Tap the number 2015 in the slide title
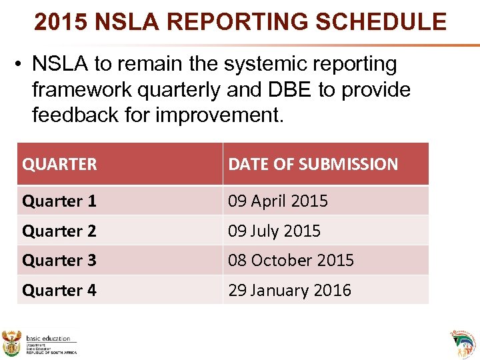[x=62, y=21]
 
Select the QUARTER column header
[x=59, y=164]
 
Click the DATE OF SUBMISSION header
[x=313, y=164]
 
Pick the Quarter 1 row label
[x=59, y=201]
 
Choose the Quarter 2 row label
[x=59, y=231]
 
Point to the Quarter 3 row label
[x=59, y=260]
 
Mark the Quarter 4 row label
[x=59, y=290]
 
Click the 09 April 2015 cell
[x=278, y=201]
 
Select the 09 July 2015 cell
[x=274, y=231]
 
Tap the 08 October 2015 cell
[x=291, y=260]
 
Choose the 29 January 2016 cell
[x=289, y=290]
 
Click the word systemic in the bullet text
[x=264, y=65]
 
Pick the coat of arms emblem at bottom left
[x=13, y=343]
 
